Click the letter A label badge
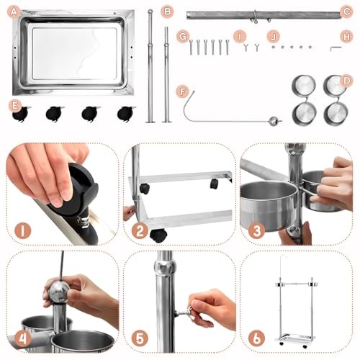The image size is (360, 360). [14, 12]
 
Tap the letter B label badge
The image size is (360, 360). [167, 12]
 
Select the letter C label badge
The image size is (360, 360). [346, 12]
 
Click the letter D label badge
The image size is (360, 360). [346, 81]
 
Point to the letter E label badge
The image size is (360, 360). [15, 105]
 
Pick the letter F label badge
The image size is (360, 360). [183, 92]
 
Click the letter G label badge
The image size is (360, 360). [183, 37]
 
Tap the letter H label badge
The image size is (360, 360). [346, 37]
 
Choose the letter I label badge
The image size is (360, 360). [240, 37]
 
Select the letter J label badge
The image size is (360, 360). [274, 37]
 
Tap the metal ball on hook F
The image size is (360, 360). [273, 121]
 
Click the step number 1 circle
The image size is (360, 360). [23, 231]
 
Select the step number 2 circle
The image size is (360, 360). [140, 231]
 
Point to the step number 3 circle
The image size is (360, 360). [256, 231]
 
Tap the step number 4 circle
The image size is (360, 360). [23, 338]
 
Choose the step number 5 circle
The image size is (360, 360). [140, 338]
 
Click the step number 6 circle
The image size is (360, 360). [256, 338]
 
